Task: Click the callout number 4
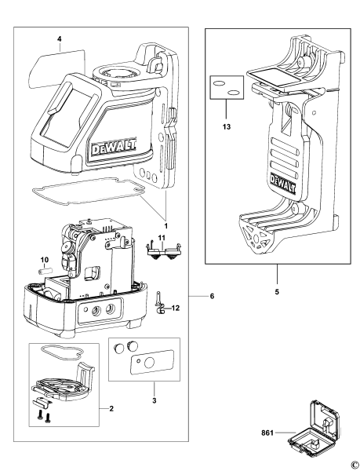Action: [60, 38]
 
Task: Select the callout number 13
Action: [227, 126]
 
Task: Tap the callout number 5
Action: [277, 291]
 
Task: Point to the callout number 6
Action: [212, 296]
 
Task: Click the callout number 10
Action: [45, 259]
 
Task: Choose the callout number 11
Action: [162, 238]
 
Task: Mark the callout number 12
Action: [176, 308]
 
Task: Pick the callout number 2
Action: [111, 408]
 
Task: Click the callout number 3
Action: [155, 400]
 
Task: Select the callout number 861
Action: [267, 433]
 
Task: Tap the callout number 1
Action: [166, 226]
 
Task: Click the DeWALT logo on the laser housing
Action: [114, 148]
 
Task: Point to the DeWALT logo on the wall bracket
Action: [283, 183]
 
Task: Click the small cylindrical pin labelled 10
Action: [45, 271]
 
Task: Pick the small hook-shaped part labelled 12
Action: [161, 304]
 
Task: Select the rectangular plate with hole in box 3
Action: [152, 362]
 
